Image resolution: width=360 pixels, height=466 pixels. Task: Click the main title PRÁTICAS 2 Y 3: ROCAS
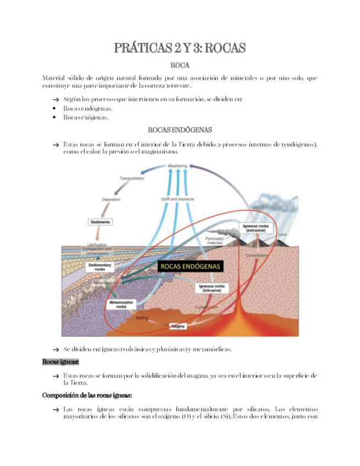(x=180, y=48)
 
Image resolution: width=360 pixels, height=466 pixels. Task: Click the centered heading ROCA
(x=180, y=66)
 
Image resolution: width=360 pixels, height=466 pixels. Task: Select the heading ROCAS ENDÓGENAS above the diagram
(x=180, y=130)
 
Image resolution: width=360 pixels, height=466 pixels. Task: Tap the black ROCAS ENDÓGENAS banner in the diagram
(x=190, y=266)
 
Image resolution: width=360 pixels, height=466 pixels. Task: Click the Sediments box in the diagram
(x=100, y=222)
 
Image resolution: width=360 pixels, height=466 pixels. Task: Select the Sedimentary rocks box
(x=100, y=267)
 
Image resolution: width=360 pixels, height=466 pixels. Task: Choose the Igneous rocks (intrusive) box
(x=212, y=289)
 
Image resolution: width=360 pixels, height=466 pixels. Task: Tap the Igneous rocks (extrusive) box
(x=256, y=228)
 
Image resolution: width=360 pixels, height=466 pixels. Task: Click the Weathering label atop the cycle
(x=177, y=165)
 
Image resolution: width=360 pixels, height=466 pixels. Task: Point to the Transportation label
(x=132, y=179)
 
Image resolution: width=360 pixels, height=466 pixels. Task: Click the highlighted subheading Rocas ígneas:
(x=60, y=362)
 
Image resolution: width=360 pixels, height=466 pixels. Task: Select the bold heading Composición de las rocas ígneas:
(x=86, y=395)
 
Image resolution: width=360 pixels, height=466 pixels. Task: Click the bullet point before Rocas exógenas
(x=55, y=117)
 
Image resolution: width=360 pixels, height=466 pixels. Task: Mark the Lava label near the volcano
(x=283, y=235)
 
